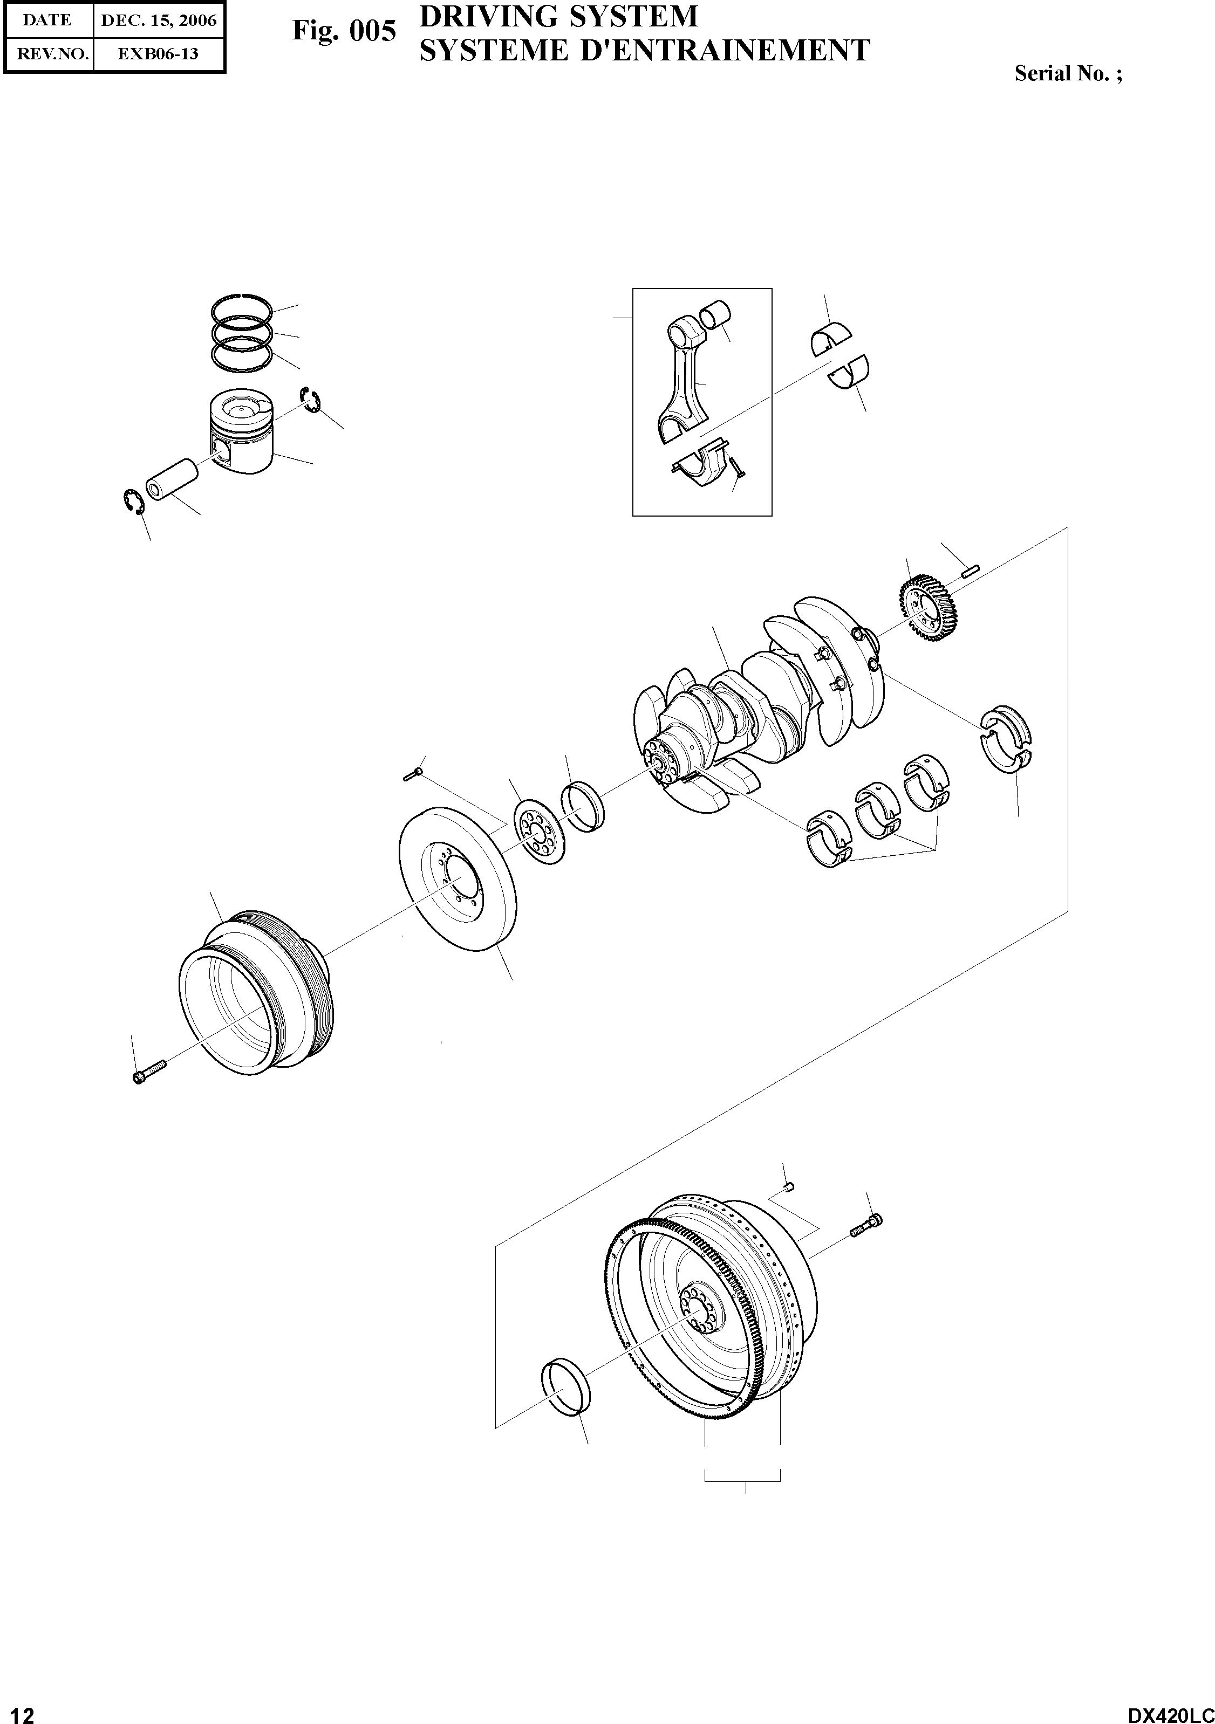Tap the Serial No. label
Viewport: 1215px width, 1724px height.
(x=1068, y=73)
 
